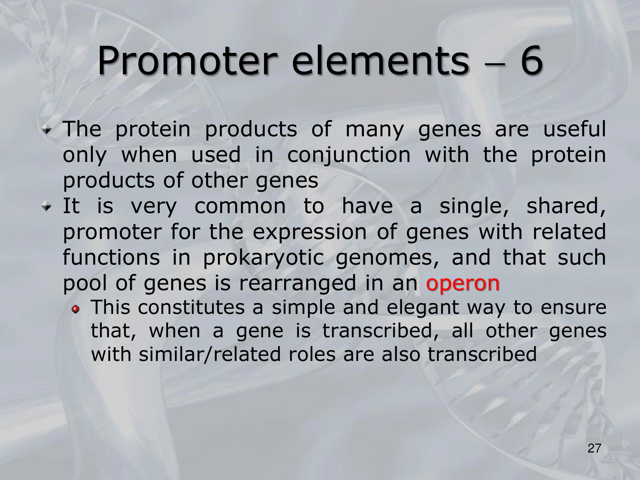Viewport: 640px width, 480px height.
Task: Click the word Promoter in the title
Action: tap(187, 61)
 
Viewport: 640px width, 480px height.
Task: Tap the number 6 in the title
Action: tap(532, 60)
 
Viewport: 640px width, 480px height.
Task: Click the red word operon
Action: tap(463, 284)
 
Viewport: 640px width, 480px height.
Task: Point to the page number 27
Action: tap(594, 448)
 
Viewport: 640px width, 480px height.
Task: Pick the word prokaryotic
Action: tap(263, 258)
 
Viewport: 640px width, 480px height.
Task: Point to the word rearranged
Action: tap(298, 284)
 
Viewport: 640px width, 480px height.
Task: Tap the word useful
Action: tap(574, 129)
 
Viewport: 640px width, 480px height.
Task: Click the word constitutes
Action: tap(191, 307)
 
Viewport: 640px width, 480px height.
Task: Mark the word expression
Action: tap(309, 233)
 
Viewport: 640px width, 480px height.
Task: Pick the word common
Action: tap(240, 206)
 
